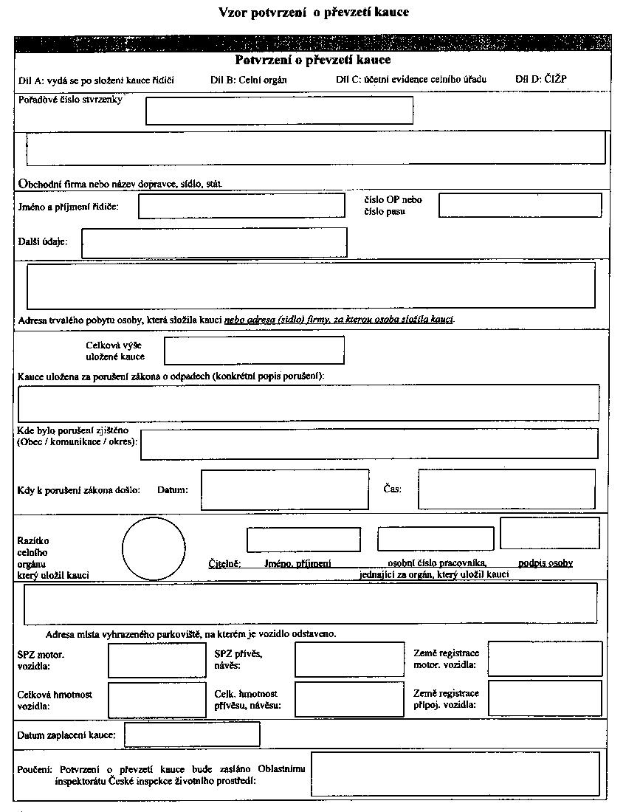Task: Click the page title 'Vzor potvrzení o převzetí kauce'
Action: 314,13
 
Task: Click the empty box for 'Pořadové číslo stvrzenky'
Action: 279,111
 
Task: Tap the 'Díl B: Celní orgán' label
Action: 248,80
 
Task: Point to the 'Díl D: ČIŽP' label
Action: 541,79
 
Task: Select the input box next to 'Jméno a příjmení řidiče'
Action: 241,206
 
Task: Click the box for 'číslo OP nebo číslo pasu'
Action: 520,205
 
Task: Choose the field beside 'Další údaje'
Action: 214,243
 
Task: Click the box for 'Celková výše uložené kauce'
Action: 254,351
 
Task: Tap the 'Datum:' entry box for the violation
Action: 284,489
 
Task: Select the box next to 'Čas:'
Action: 506,489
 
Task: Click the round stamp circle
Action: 154,549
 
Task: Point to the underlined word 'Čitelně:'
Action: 224,564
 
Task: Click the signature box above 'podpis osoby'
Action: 549,534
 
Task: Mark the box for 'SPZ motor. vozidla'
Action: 157,661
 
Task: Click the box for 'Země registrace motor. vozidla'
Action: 545,659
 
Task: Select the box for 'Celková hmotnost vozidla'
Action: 157,700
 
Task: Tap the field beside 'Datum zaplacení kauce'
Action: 192,734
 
